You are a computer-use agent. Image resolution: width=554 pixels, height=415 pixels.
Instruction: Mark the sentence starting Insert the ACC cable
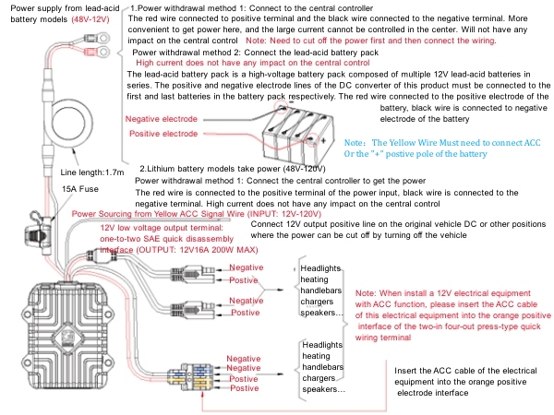[457, 376]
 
